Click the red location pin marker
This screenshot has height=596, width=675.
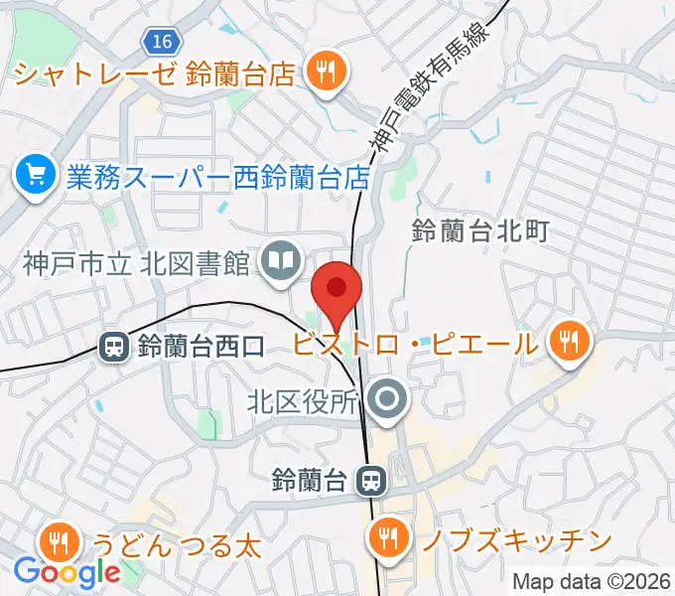pyautogui.click(x=337, y=291)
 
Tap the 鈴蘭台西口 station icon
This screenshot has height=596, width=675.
pyautogui.click(x=114, y=347)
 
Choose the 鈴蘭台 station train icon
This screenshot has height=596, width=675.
pyautogui.click(x=371, y=482)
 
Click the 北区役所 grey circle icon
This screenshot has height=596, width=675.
pyautogui.click(x=387, y=400)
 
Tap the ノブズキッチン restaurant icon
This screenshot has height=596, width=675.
pyautogui.click(x=385, y=539)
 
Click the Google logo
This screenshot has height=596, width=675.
pyautogui.click(x=67, y=572)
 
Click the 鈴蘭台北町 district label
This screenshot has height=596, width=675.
pyautogui.click(x=479, y=232)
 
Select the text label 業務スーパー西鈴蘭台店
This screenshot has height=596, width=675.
pyautogui.click(x=218, y=178)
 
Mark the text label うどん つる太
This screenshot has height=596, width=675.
pyautogui.click(x=177, y=544)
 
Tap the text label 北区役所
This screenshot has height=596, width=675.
pyautogui.click(x=301, y=402)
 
